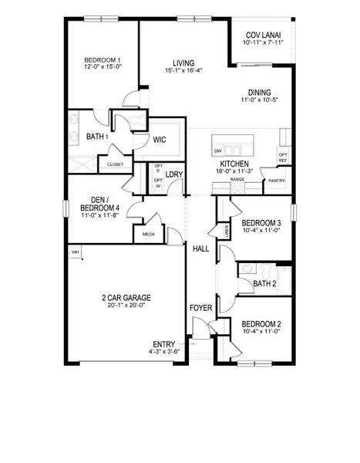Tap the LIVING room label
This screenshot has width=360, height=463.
tap(183, 63)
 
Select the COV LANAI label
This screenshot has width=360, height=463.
tap(263, 35)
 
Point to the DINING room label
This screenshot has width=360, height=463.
tap(259, 92)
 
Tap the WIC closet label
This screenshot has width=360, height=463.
tap(160, 140)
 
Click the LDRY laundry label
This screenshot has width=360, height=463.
tap(174, 174)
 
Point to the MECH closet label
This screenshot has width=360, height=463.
tap(146, 235)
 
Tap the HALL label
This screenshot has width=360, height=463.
tap(200, 248)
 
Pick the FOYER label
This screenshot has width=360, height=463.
tap(200, 309)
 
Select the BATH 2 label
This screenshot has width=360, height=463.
tap(264, 283)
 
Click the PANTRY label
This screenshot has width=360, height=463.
tap(274, 181)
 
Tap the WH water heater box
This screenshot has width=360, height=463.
tap(76, 252)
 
